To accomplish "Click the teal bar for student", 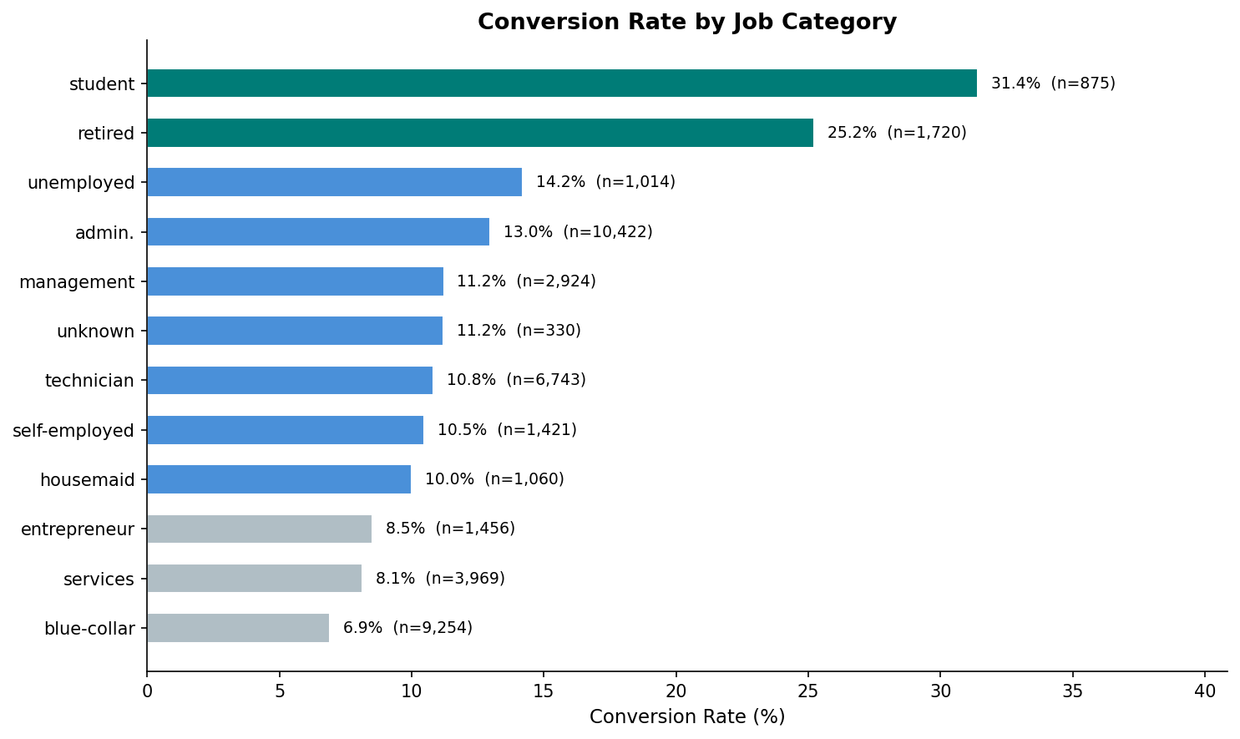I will coord(562,84).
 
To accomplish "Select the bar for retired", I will coord(480,133).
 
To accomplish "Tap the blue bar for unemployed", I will coord(334,182).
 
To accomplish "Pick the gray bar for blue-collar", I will coord(238,628).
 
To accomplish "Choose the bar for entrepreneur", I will coord(259,529).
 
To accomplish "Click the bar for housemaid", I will coord(279,479).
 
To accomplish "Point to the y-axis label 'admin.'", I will coord(104,233).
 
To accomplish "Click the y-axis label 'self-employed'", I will coord(73,431).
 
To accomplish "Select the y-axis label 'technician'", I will coord(89,381).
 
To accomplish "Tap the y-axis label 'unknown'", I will coord(95,332).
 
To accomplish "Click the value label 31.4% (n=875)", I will coord(1053,84).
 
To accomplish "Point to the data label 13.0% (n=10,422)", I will coord(578,232).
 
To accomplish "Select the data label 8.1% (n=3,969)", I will coord(440,579).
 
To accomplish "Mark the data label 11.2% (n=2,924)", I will coord(526,281).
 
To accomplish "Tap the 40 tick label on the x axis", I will coord(1205,691).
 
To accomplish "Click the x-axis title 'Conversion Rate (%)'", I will coord(687,717).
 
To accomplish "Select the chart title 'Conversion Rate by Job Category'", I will coord(687,23).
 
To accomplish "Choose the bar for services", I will coord(254,579).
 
